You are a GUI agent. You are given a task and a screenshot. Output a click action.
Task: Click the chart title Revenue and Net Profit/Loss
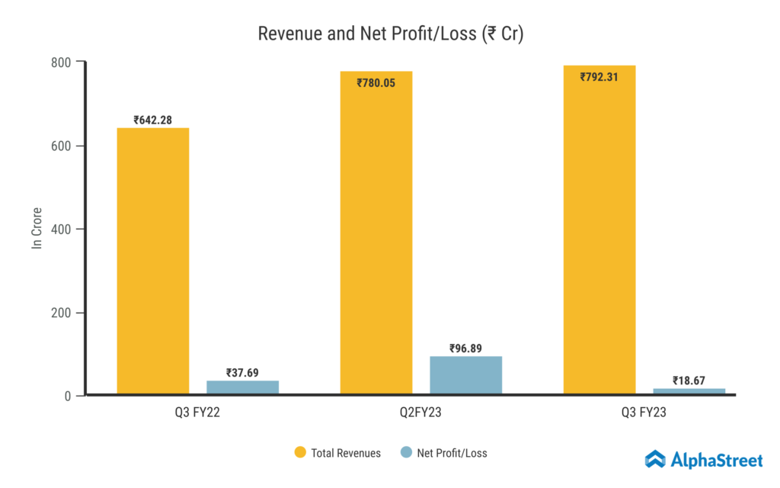click(x=390, y=34)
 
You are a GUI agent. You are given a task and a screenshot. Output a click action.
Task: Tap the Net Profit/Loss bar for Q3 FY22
click(x=242, y=387)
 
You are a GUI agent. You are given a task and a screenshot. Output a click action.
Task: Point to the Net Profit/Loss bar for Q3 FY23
click(x=689, y=391)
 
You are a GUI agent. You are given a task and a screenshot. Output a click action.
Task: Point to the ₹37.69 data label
click(x=242, y=373)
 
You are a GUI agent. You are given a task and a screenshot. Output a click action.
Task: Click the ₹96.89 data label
click(x=466, y=348)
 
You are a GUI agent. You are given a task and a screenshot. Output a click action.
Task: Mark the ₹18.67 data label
click(x=689, y=380)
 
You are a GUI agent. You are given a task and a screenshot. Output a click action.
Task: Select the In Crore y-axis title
click(x=37, y=228)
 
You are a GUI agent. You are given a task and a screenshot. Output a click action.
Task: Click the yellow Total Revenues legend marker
click(x=300, y=453)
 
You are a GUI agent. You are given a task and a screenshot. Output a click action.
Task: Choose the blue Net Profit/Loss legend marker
click(x=405, y=453)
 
